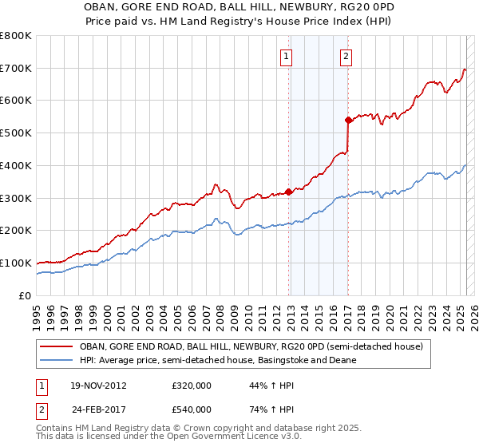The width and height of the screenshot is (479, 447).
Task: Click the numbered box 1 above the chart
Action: (x=286, y=57)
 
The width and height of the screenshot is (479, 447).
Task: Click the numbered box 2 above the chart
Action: (x=346, y=57)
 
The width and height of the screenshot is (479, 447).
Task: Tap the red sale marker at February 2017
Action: (x=348, y=121)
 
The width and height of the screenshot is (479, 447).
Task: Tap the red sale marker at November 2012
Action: (x=289, y=192)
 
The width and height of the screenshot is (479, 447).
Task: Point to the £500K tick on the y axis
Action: (x=16, y=133)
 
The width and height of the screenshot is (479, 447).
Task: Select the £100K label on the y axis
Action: (x=16, y=263)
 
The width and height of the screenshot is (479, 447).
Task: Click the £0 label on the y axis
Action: (x=25, y=295)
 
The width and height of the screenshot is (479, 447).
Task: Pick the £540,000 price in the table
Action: (x=191, y=409)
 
